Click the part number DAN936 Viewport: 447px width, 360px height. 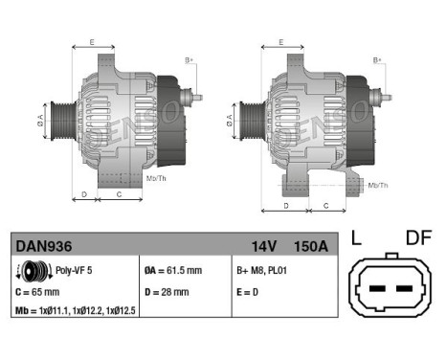(39, 246)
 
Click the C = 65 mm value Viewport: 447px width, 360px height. (38, 292)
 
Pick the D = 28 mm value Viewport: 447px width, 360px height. (168, 292)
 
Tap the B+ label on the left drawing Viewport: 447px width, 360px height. (188, 60)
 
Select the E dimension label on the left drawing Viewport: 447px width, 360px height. (92, 42)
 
